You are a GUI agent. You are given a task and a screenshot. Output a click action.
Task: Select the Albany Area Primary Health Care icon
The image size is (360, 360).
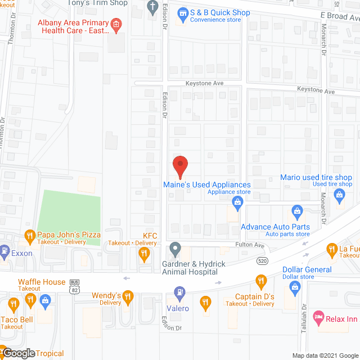coord(116,24)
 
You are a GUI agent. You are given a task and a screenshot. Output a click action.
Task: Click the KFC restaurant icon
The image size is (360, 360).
coord(144,255)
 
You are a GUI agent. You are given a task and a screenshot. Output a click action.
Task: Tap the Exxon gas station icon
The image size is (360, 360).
coord(5,250)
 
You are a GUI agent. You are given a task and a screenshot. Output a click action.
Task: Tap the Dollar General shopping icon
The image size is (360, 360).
coord(294,286)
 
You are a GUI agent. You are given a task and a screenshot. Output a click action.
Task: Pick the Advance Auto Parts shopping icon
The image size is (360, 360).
coord(297,211)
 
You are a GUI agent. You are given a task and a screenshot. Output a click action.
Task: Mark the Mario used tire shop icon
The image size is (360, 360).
coord(339,195)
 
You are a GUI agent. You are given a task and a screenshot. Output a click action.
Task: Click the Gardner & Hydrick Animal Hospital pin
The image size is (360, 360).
coord(175,248)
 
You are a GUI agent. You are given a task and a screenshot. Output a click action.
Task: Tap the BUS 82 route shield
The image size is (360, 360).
coord(74,286)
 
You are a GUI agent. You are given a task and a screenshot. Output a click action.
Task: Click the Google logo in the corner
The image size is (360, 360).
coord(18,353)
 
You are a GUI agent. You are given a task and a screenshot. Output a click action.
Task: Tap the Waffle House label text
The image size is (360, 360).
coord(42,282)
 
